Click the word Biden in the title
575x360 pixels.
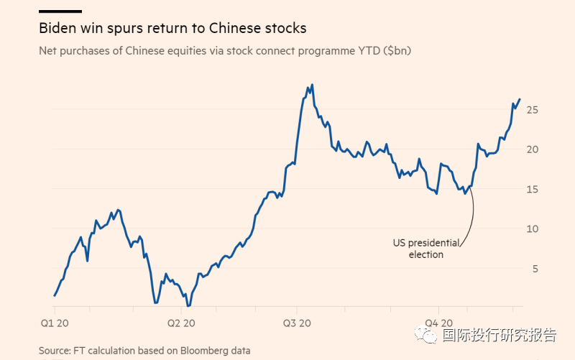[58, 29]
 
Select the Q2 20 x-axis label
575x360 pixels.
[180, 323]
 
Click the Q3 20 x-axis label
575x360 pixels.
[297, 323]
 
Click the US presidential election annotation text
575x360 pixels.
[425, 249]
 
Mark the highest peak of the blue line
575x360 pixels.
[312, 85]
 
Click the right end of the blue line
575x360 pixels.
[520, 99]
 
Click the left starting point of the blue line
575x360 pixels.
[54, 295]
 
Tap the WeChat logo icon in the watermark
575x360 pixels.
[430, 336]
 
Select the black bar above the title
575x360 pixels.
[60, 11]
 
